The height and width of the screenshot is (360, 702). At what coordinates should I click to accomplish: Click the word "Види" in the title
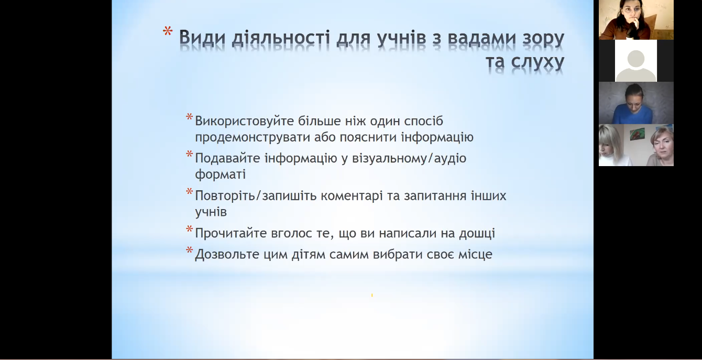202,38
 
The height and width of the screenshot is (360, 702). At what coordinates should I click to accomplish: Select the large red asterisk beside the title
168,31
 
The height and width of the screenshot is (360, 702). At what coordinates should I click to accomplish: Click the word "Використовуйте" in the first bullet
244,122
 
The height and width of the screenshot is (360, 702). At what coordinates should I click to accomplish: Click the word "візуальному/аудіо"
409,158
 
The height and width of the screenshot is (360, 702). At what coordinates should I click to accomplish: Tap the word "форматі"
221,174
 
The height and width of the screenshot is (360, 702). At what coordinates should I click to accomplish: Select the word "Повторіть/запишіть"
256,196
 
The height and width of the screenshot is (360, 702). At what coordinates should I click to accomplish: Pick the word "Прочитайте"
231,233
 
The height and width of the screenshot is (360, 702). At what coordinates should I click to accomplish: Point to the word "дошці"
477,234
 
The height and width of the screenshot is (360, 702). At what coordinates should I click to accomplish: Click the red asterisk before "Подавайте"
189,154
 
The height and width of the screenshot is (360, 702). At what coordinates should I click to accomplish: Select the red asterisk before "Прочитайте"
189,229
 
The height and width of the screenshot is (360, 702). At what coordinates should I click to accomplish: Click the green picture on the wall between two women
638,134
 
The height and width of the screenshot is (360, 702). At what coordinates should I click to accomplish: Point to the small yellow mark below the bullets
372,295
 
